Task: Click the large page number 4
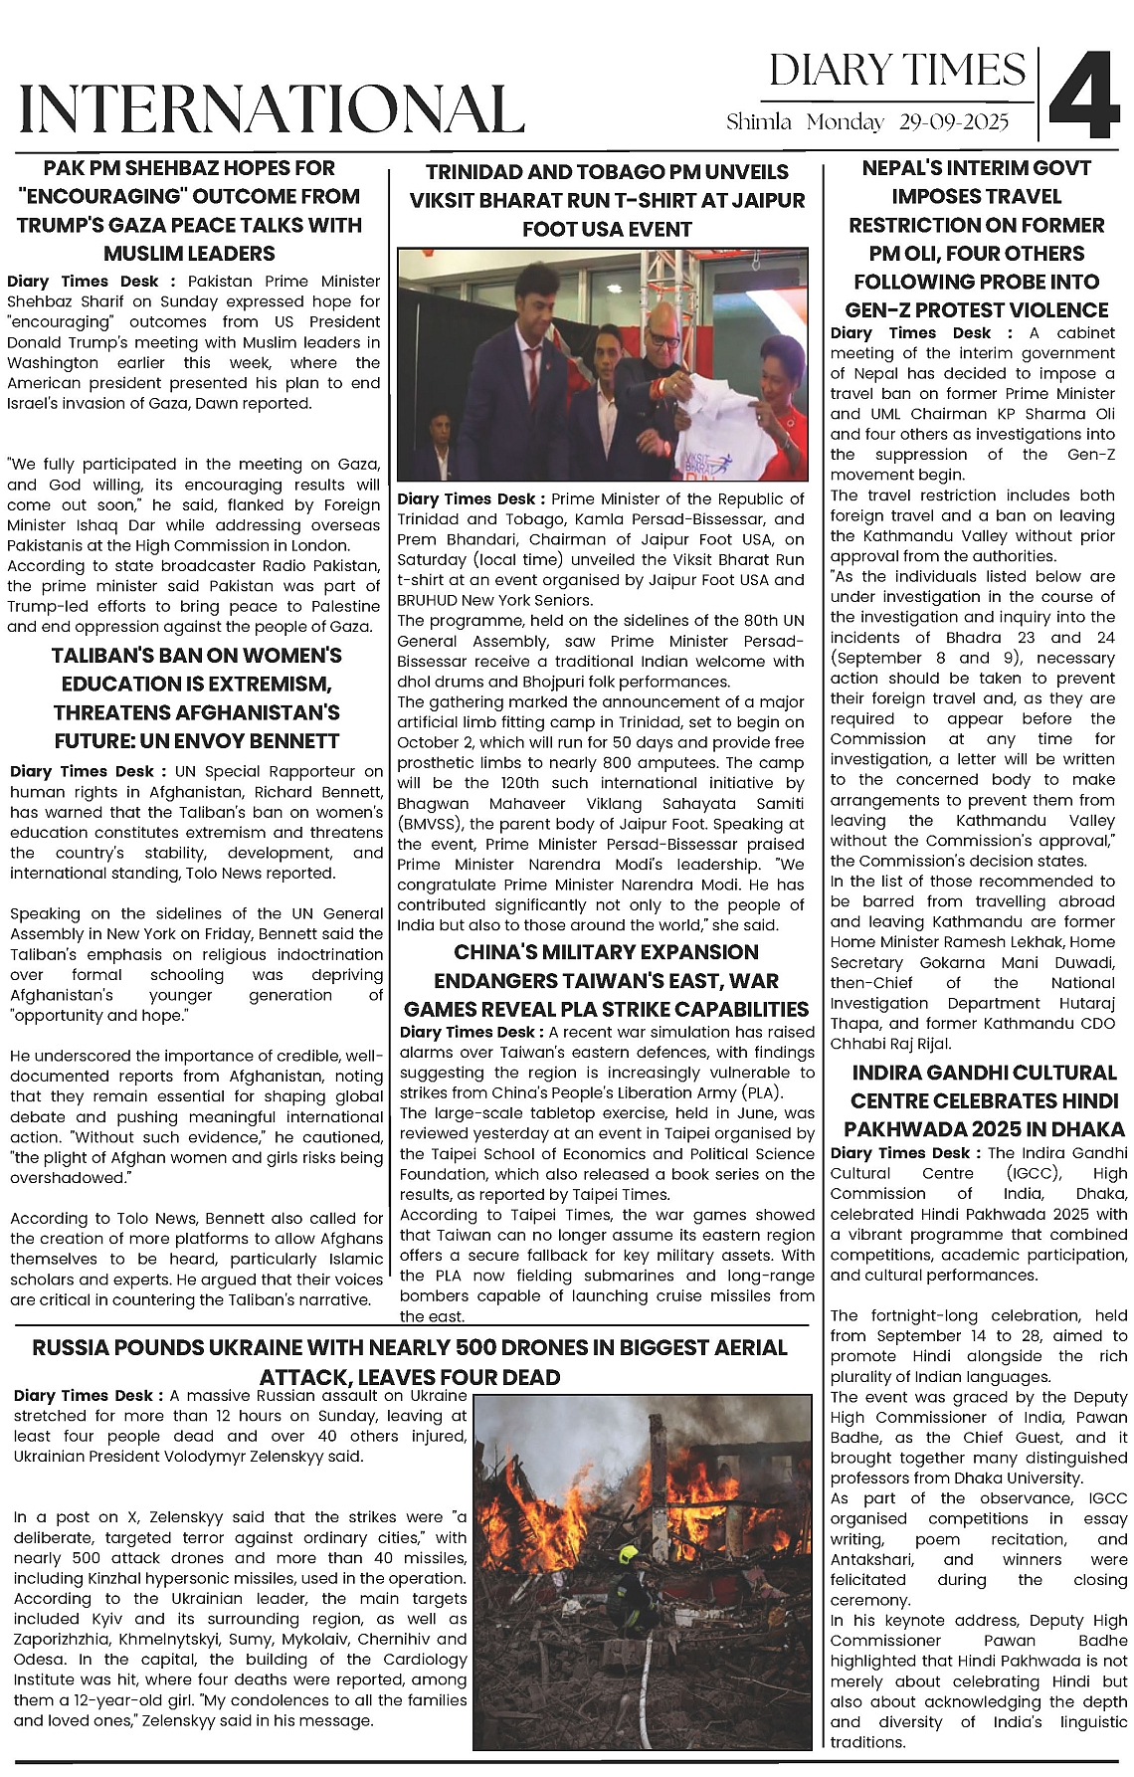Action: (x=1085, y=96)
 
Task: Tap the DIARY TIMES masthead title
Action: (x=896, y=71)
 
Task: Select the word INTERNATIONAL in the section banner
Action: (x=272, y=108)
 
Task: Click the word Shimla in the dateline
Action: (x=758, y=122)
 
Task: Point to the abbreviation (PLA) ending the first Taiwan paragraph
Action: (x=761, y=1092)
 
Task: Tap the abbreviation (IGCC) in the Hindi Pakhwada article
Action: (x=1020, y=1173)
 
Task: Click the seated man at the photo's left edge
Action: (x=439, y=448)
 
